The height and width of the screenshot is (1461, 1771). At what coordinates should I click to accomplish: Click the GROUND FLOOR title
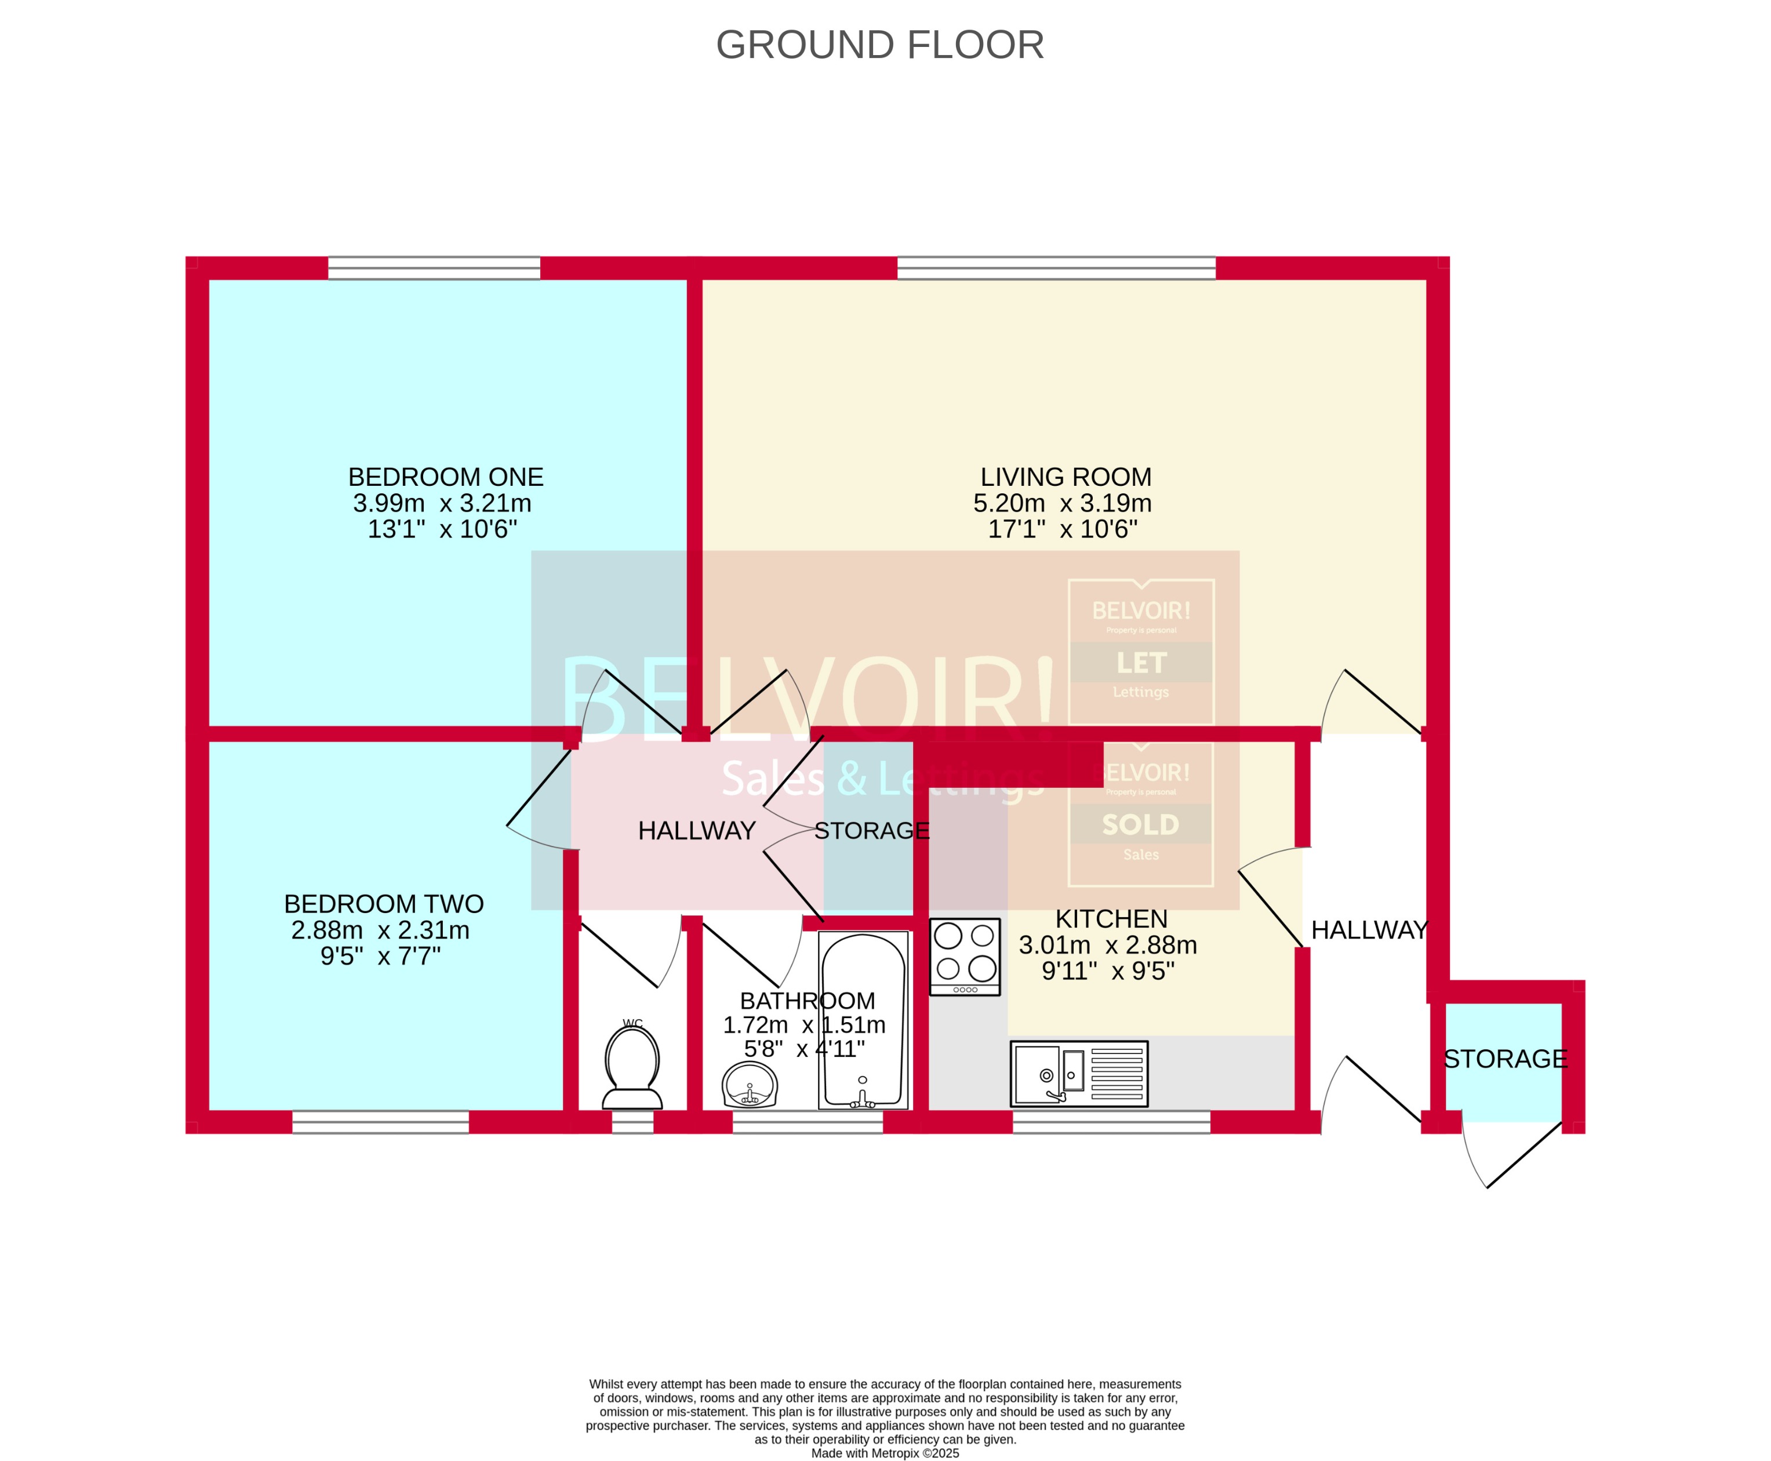pos(879,45)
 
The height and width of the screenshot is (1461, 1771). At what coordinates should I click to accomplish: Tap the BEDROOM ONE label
pos(445,477)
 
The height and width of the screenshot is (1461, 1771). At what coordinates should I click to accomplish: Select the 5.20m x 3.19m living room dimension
pos(1062,503)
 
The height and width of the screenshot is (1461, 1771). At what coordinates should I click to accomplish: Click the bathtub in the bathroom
pos(863,1019)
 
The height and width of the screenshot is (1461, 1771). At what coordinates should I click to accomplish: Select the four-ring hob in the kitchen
pos(964,956)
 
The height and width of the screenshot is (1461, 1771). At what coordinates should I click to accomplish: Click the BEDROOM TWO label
pos(384,904)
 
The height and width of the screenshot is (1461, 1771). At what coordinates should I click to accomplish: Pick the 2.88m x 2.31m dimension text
pos(380,930)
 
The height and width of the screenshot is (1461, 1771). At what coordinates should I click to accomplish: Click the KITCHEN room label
pos(1111,919)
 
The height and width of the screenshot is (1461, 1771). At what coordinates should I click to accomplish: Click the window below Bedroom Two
pos(380,1122)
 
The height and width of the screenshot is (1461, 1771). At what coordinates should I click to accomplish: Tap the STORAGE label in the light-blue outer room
pos(1505,1059)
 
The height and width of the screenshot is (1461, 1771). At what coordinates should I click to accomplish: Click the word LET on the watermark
pos(1141,663)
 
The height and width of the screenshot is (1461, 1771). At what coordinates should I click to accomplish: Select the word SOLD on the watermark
pos(1141,825)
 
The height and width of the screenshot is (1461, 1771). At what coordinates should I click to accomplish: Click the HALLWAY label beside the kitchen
pos(1369,930)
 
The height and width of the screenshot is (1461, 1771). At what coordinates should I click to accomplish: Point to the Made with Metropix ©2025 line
pos(884,1452)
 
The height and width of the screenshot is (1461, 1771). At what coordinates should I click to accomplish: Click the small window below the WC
pos(632,1122)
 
